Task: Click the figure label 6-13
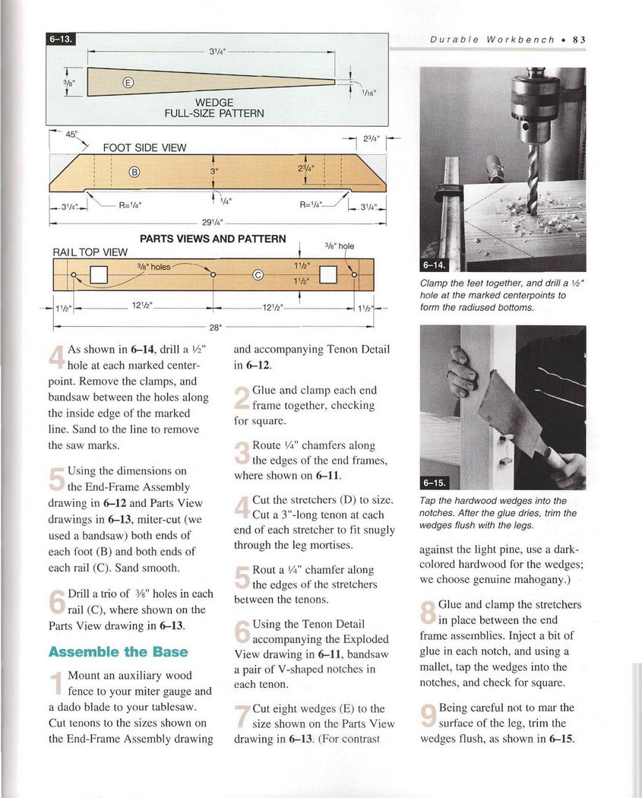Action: coord(62,40)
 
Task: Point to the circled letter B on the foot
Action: coord(134,172)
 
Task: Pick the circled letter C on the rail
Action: coord(258,276)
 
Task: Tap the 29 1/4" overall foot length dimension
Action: coord(211,222)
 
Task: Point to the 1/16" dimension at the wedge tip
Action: coord(370,94)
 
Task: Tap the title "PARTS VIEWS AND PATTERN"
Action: coord(213,239)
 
